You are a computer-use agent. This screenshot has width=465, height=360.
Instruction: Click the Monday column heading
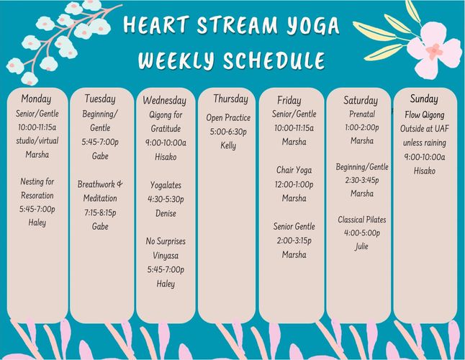36,99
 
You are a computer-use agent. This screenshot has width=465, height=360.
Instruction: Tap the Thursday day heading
231,99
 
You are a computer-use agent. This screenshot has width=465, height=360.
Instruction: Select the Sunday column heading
424,99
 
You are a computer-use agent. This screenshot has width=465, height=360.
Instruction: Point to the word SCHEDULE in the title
274,60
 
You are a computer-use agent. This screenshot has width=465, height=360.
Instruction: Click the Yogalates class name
166,185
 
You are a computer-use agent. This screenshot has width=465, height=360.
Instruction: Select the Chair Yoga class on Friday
294,170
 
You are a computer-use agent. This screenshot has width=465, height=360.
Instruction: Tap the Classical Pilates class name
362,220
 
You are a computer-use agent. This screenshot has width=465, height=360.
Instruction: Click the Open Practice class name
228,117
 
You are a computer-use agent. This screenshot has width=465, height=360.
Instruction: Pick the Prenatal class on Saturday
362,114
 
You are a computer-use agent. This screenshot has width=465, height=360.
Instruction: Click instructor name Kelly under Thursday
228,145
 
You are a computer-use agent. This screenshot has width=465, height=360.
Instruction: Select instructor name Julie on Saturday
361,246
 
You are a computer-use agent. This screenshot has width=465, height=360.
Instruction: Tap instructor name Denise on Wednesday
166,213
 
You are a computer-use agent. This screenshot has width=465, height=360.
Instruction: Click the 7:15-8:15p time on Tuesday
100,212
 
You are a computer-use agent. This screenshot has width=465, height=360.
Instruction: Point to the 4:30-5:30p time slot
166,199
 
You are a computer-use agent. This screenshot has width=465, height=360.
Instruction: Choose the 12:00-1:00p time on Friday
294,184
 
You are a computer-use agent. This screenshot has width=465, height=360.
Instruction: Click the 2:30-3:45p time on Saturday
362,180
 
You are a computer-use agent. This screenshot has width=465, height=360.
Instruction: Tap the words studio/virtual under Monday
37,140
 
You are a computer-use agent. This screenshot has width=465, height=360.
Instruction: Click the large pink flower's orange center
434,51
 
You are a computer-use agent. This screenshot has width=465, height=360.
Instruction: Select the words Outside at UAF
425,129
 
